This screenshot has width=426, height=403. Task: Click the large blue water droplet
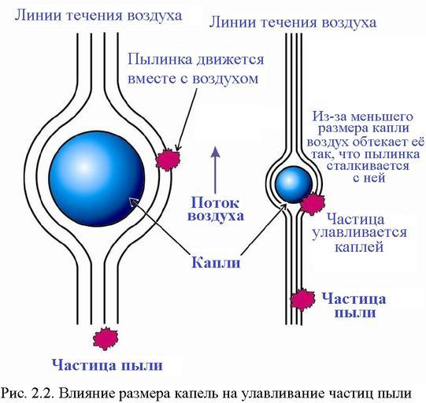pos(97,179)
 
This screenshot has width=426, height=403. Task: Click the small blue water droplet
pos(294,185)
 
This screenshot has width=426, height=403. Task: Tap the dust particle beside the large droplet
pos(168,160)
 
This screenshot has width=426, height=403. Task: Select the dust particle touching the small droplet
pos(313,204)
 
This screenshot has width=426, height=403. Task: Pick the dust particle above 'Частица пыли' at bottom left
pos(106,338)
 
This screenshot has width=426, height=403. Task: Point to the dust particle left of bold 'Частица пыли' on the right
pos(302,300)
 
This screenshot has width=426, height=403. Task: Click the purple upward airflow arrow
pos(216,170)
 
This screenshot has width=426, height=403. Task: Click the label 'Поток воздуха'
pos(216,209)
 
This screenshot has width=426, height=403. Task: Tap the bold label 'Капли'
pos(216,263)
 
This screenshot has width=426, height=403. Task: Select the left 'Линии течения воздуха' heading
pos(98,16)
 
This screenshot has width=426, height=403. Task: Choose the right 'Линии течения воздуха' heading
pos(293,22)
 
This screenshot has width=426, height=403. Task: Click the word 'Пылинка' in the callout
pos(160,60)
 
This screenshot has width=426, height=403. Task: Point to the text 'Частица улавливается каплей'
pos(359,233)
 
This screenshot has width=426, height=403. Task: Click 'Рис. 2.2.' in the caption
pos(27,394)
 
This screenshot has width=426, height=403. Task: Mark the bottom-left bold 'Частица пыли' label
pos(107,364)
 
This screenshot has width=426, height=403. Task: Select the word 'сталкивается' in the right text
pos(368,166)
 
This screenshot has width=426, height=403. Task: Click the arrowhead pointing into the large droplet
pos(132,201)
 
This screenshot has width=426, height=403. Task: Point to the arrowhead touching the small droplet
pos(283,208)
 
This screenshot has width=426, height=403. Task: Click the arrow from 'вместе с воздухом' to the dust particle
pos(187,120)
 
